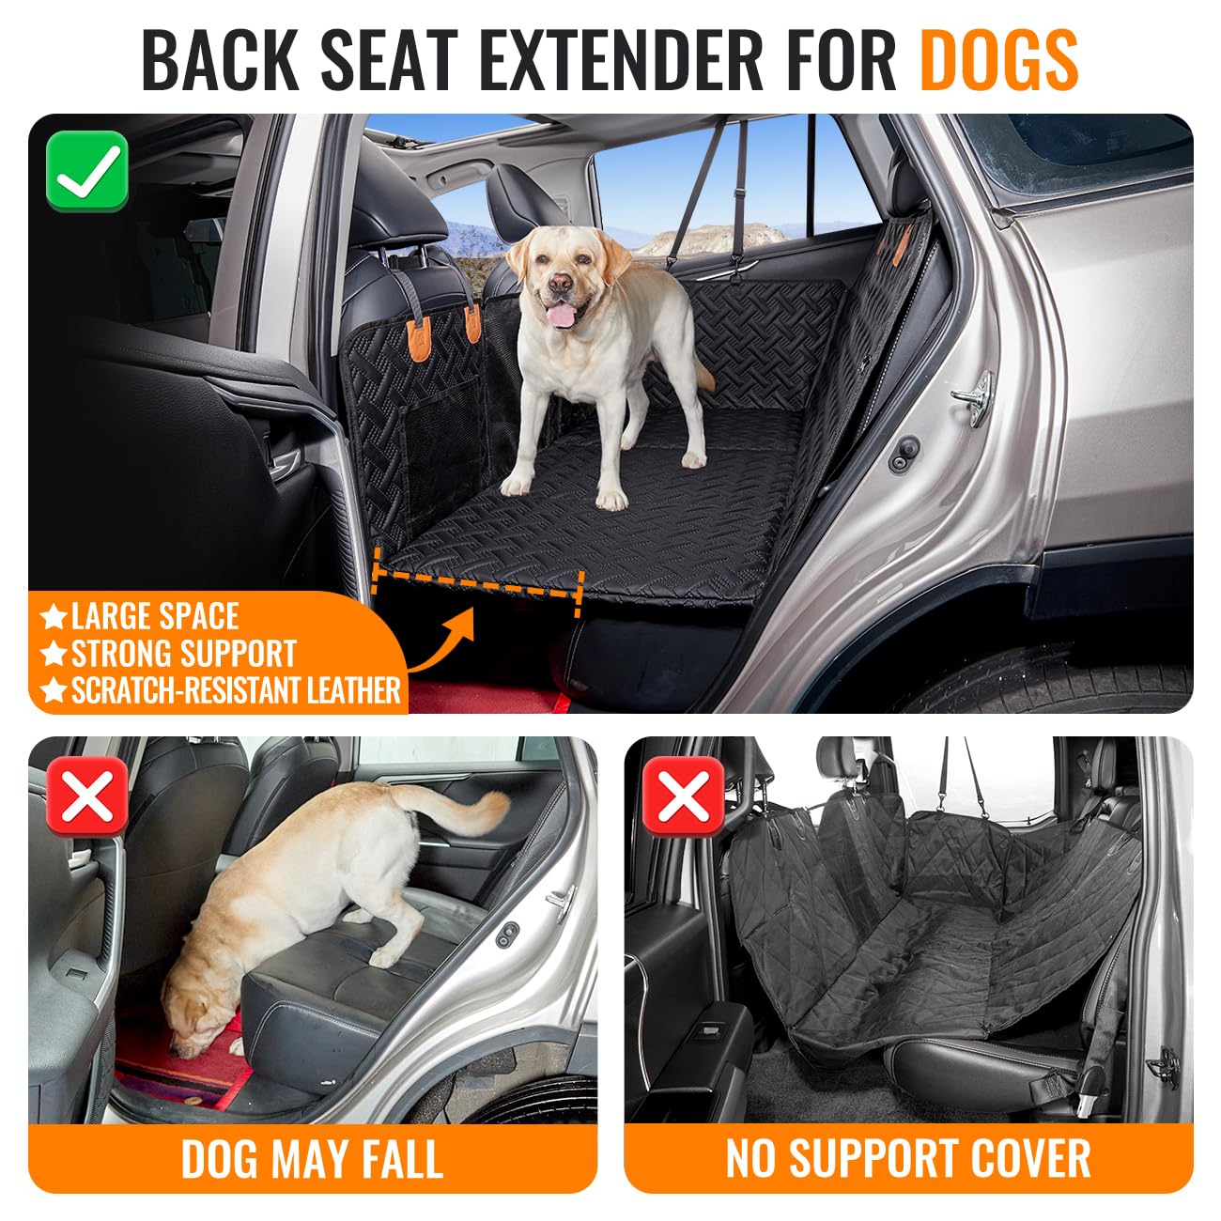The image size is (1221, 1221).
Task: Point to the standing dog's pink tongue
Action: point(562,315)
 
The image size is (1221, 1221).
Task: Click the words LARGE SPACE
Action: point(155,616)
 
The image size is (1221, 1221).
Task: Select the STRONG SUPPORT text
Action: point(183,654)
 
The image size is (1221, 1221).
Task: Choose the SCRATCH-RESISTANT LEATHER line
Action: point(236,690)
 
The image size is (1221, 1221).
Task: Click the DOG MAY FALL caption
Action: point(312,1158)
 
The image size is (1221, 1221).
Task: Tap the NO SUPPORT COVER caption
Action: point(908,1158)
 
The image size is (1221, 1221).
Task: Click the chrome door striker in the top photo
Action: point(973,390)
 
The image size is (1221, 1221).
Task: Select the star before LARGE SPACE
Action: point(54,617)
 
